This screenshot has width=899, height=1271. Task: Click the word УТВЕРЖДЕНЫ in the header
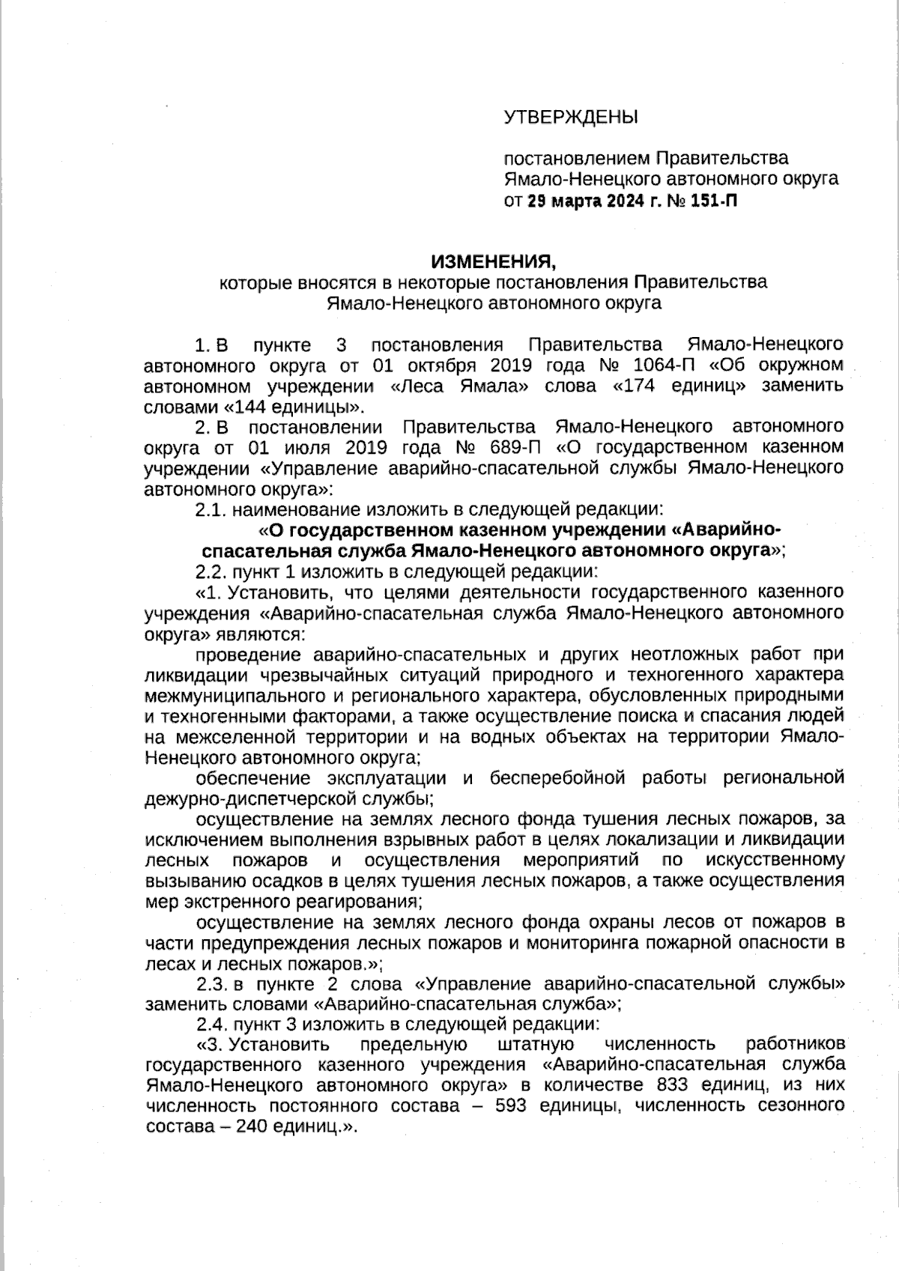click(x=570, y=118)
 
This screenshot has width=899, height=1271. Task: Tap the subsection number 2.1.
click(x=210, y=510)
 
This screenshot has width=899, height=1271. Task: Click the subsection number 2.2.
click(x=210, y=572)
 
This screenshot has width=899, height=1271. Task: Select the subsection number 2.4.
click(x=211, y=1024)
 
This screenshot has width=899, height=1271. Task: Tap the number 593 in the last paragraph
click(x=511, y=1105)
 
